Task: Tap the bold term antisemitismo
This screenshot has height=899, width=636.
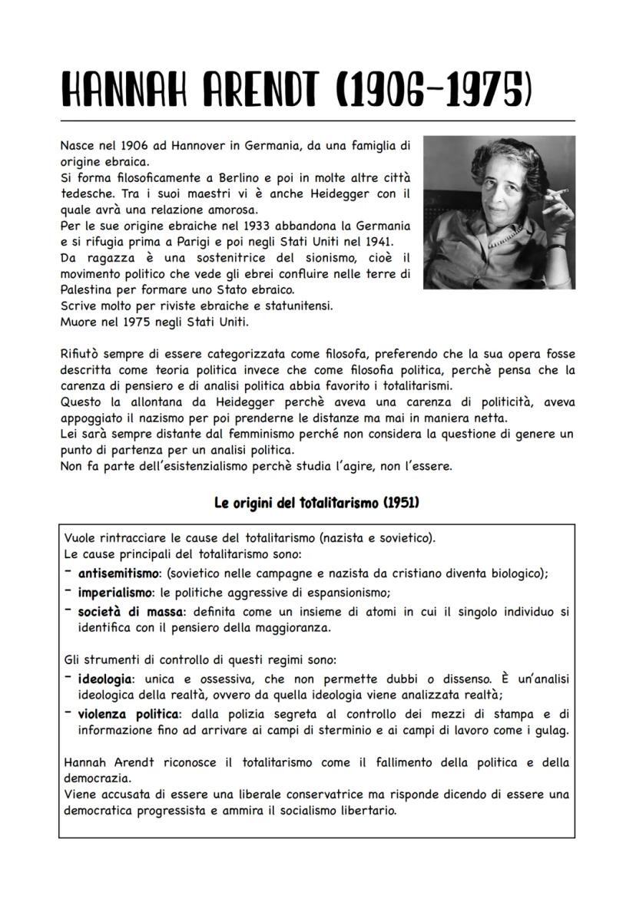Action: point(121,573)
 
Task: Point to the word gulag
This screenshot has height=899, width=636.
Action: point(551,730)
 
